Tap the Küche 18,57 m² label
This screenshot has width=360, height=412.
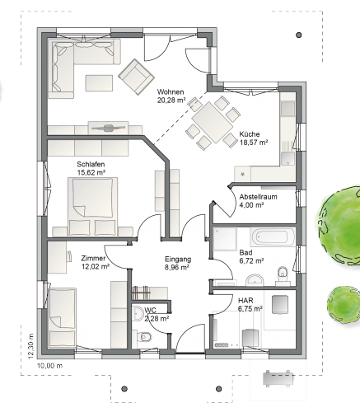254,138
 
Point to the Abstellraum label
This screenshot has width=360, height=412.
258,197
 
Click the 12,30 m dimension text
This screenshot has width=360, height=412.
30,346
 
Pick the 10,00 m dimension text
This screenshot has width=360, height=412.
49,366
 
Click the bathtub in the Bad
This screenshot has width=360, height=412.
273,236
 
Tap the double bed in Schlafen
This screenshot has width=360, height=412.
92,207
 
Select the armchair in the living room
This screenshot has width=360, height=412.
136,77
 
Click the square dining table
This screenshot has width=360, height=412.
213,122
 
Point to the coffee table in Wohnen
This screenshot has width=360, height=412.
99,83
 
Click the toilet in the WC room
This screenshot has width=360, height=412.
144,336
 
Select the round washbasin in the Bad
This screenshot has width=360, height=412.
255,280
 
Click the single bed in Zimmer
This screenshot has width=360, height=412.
62,318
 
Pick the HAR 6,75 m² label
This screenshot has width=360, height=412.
250,305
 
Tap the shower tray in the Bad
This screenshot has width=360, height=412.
225,239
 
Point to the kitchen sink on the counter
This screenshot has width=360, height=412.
288,159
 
